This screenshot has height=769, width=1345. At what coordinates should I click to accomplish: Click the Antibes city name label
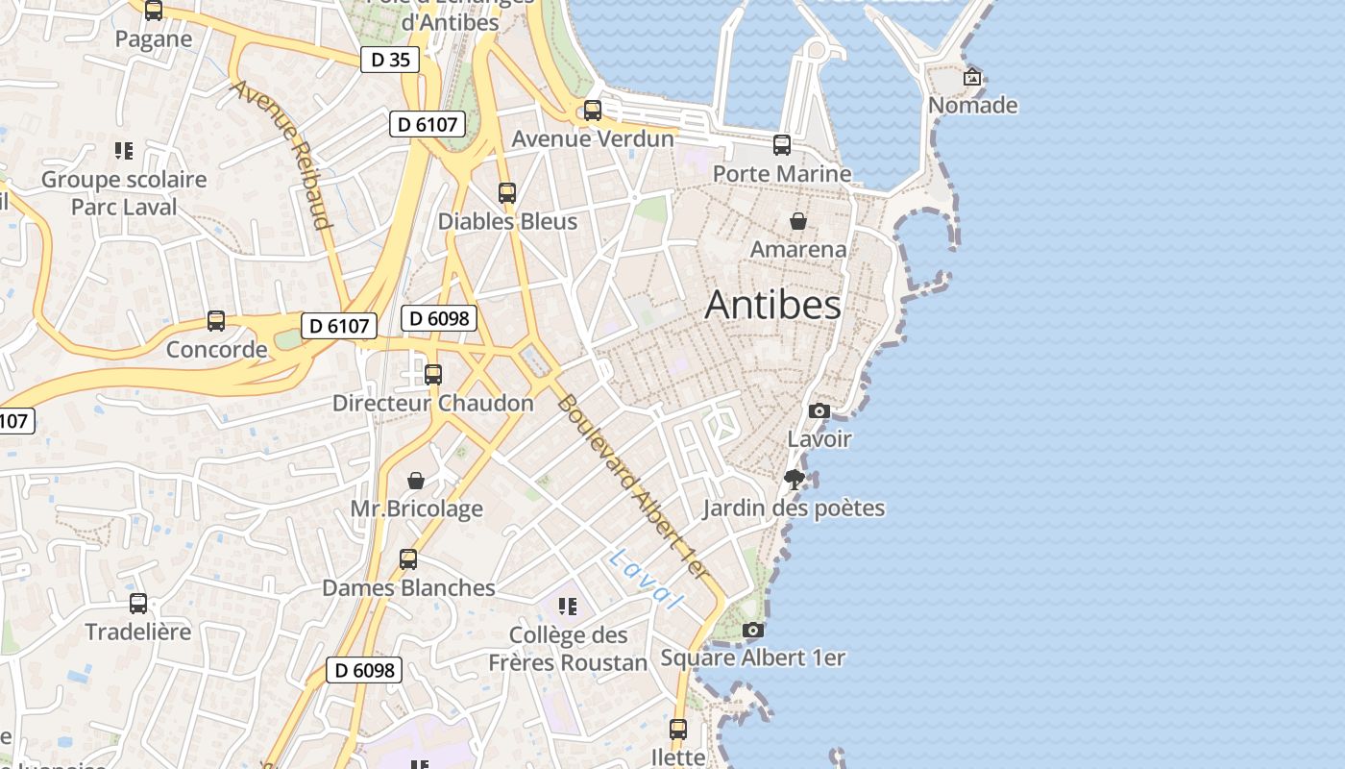[x=772, y=305]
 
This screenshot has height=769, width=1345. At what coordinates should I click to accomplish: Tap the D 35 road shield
[x=390, y=60]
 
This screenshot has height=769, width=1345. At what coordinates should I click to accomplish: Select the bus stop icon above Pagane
[x=154, y=11]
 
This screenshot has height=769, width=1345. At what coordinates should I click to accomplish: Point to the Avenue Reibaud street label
[x=281, y=155]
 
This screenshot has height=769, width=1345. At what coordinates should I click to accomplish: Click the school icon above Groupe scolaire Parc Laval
[x=124, y=151]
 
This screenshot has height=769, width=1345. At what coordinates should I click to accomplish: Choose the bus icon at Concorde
[x=216, y=321]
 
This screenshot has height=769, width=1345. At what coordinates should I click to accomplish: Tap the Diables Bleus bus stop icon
[x=507, y=193]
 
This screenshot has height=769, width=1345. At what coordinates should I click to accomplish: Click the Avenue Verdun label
[x=593, y=138]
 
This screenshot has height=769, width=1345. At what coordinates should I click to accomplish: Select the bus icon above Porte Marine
[x=782, y=145]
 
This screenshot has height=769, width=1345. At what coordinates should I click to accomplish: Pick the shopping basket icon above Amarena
[x=797, y=222]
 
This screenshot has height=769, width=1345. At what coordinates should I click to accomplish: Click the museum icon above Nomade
[x=972, y=77]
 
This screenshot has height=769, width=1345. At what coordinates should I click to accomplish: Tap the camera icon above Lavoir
[x=819, y=411]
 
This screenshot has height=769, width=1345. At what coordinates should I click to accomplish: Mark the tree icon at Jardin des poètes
[x=794, y=480]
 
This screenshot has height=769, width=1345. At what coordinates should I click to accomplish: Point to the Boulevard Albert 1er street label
[x=633, y=486]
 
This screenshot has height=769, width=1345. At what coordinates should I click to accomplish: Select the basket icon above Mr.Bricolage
[x=416, y=481]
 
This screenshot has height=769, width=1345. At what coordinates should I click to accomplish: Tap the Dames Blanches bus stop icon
[x=408, y=559]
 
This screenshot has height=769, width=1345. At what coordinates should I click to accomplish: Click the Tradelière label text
[x=138, y=632]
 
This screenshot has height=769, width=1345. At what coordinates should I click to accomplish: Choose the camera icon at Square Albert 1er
[x=753, y=631]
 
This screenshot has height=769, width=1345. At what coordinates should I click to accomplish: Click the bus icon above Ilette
[x=678, y=730]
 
